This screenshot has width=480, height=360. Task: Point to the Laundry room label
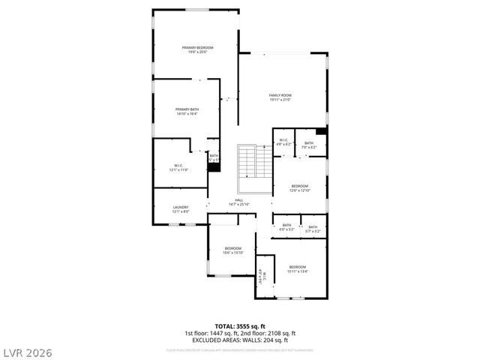(181, 209)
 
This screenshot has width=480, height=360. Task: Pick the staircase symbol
(254, 160)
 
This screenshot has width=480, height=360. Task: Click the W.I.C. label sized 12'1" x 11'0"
(178, 168)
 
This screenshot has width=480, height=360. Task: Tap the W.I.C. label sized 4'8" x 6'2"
(283, 142)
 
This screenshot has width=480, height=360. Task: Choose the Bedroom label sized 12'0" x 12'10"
(299, 187)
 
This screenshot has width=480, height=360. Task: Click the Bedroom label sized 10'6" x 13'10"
(232, 250)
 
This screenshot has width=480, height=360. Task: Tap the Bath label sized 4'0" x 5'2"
(286, 228)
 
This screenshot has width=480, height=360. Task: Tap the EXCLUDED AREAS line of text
(239, 340)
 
